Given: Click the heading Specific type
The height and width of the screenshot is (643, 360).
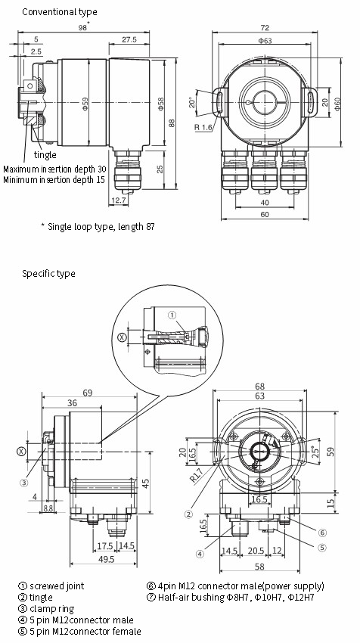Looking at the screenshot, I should click(x=48, y=273).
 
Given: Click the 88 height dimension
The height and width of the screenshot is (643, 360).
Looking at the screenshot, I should click(x=172, y=123).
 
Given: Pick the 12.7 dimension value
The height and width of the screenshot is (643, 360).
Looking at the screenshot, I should click(x=119, y=200).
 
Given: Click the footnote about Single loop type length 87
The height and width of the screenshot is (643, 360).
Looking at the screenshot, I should click(x=98, y=226).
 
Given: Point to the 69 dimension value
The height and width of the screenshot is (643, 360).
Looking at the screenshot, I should click(x=87, y=393).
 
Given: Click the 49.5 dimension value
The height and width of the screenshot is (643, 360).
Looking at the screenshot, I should click(x=105, y=559).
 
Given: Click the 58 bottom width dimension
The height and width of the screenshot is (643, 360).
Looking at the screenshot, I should click(x=260, y=566).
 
